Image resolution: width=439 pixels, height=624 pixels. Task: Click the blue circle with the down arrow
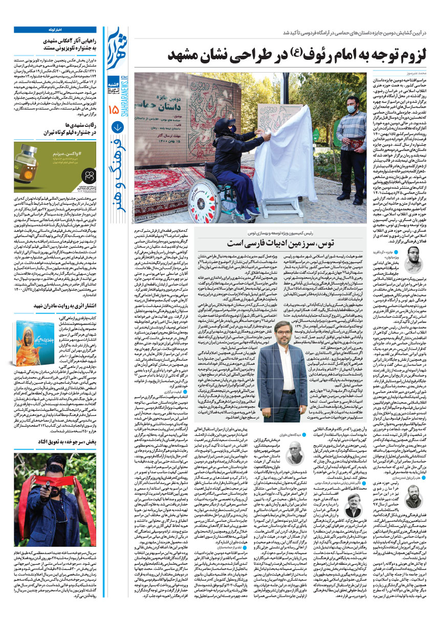coord(117,128)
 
